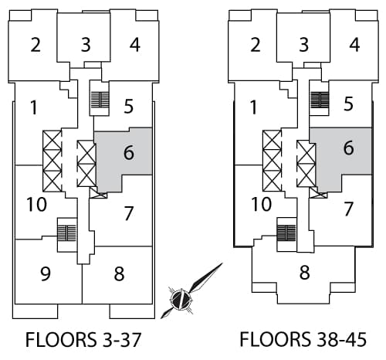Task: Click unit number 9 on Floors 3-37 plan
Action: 46,273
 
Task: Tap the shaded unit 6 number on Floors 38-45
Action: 349,148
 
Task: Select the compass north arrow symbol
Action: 191,291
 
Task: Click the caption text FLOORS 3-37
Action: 83,340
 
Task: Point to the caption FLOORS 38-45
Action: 303,339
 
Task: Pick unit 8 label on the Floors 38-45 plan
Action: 304,273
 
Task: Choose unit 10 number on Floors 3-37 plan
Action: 37,205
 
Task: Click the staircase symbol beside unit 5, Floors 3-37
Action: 100,100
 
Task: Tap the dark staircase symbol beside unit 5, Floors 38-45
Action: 320,100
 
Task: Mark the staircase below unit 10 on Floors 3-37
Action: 67,233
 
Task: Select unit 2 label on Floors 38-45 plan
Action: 256,45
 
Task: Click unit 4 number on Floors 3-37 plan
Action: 135,45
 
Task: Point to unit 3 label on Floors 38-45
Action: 304,45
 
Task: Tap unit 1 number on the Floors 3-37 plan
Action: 34,107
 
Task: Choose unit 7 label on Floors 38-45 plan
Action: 348,209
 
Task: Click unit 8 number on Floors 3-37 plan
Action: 119,273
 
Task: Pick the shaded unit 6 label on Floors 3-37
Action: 129,152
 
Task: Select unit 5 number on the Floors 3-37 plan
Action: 128,106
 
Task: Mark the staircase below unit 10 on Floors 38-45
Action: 286,233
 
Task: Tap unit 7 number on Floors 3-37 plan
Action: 129,213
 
